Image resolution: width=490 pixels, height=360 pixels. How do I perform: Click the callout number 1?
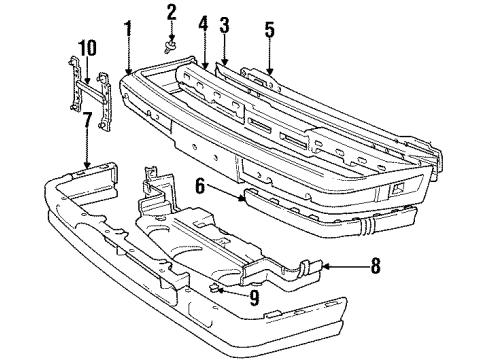pos(128,27)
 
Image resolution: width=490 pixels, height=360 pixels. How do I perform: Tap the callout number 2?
pos(171,12)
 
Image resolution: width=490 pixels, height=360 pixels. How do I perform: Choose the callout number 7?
pos(88,122)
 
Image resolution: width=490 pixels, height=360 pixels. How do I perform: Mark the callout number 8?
pos(376,266)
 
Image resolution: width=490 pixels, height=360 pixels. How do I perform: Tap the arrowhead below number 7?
pos(88,165)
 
